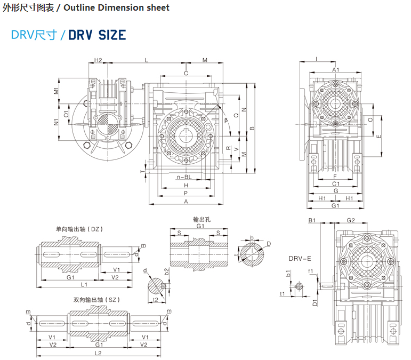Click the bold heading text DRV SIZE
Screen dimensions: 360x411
[97, 35]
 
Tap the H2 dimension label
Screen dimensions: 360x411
[98, 60]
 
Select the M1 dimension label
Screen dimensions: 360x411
[57, 91]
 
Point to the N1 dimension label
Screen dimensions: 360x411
[57, 122]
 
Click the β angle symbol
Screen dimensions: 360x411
[226, 120]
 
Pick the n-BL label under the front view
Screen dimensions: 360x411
[184, 177]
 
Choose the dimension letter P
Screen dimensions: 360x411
[186, 193]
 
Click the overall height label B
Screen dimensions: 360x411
[252, 128]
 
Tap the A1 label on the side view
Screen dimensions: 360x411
[336, 70]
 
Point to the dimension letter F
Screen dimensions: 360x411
[335, 175]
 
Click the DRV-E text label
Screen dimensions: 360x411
[300, 258]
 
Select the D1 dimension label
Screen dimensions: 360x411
[315, 302]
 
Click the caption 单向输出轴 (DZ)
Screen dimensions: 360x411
[79, 229]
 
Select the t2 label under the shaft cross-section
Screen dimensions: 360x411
[156, 300]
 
